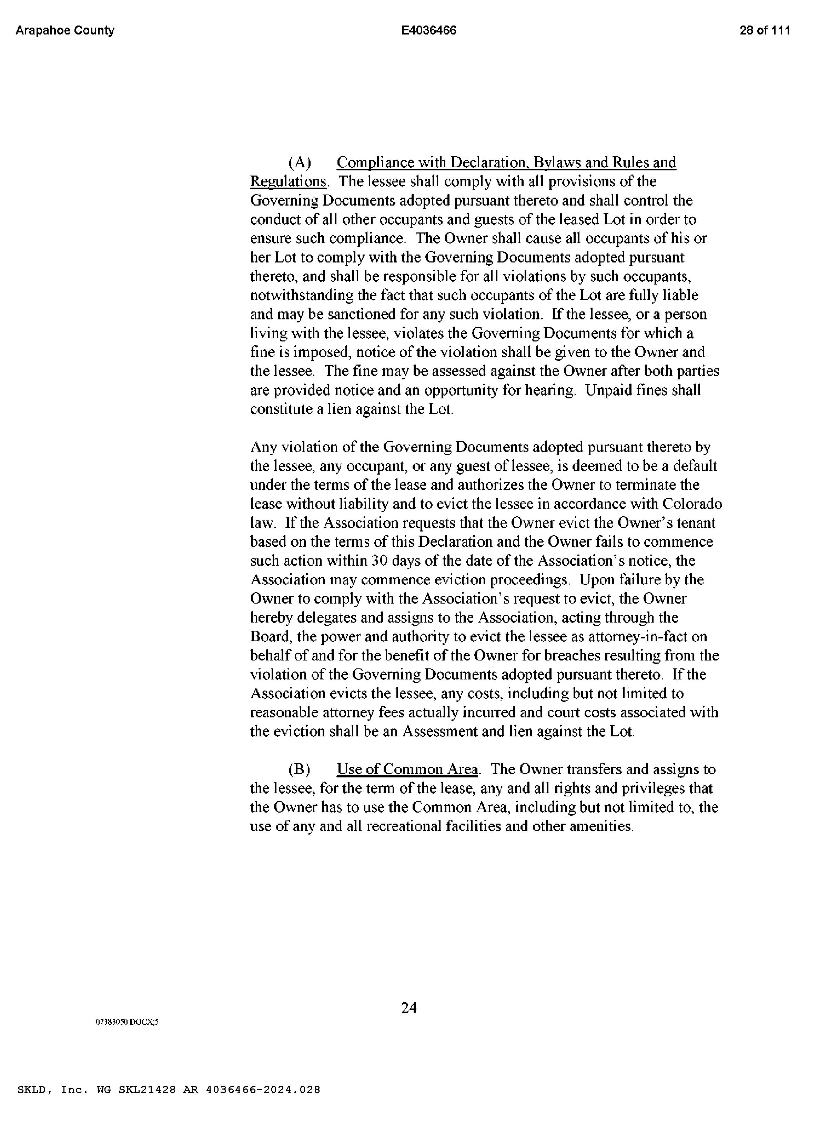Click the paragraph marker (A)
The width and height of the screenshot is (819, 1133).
point(300,163)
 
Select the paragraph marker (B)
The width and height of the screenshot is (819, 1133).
point(300,770)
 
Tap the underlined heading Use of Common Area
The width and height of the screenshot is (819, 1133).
point(407,770)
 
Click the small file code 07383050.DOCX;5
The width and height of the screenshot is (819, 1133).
point(127,1022)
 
